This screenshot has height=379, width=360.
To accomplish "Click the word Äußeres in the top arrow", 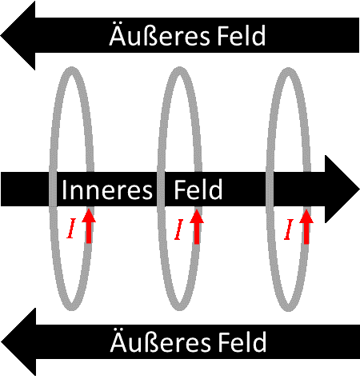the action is pos(159,35).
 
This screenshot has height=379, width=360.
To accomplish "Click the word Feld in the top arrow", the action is pos(242,35).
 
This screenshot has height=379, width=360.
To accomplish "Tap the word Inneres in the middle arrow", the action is pos(107,189).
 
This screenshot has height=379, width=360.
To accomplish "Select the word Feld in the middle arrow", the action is pos(198,189).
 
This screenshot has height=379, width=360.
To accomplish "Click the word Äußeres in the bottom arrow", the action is pos(161,341).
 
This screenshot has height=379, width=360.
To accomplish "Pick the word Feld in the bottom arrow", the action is pos(242,342).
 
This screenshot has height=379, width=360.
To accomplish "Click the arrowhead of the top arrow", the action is pos(18,35).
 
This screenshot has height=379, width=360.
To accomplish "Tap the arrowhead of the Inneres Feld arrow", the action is pos(342,189).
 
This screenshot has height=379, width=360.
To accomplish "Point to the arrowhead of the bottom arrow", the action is pos(18,342).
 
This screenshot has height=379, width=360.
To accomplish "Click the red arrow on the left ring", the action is pos(89,226).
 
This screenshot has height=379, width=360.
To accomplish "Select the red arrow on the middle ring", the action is pos(197,226).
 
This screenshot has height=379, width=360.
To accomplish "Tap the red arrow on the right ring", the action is pos(306,226).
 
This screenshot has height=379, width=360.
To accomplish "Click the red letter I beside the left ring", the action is pos(71,228).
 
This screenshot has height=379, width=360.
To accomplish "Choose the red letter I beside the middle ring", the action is pos(179,229).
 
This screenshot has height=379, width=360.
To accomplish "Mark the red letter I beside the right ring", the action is pos(289,229).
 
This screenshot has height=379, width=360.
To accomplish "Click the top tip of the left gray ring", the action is pos(71,69).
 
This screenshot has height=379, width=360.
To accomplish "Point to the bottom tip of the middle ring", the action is pos(180,308).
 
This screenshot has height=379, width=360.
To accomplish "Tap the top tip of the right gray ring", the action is pos(289,70).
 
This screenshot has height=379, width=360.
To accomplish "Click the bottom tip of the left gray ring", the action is pos(71,308).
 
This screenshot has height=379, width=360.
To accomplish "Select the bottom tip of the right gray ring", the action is pos(289,309).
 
